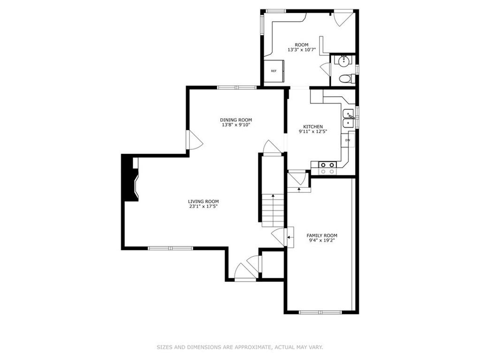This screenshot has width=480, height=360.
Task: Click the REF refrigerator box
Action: pos(274,71)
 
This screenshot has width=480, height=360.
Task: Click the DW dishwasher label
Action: pos(348,140)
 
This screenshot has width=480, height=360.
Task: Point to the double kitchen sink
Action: pos(348,118)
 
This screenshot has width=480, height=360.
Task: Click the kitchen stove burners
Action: pos(327,168)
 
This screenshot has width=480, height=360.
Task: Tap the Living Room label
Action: pos(203,201)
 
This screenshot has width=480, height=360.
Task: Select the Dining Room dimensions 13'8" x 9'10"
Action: pos(236,125)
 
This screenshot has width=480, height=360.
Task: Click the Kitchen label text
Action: pos(313,127)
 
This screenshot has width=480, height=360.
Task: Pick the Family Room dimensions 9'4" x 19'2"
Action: pos(322,240)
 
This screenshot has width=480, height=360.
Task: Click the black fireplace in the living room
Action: pos(130,177)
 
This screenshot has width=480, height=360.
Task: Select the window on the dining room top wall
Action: pos(236,88)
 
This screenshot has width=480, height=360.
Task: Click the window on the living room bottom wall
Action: pos(170,248)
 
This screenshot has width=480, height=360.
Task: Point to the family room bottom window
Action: pos(320,312)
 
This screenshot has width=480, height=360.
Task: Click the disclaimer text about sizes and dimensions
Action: pos(240,347)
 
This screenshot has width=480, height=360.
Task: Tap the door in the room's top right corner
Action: pos(343,18)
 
